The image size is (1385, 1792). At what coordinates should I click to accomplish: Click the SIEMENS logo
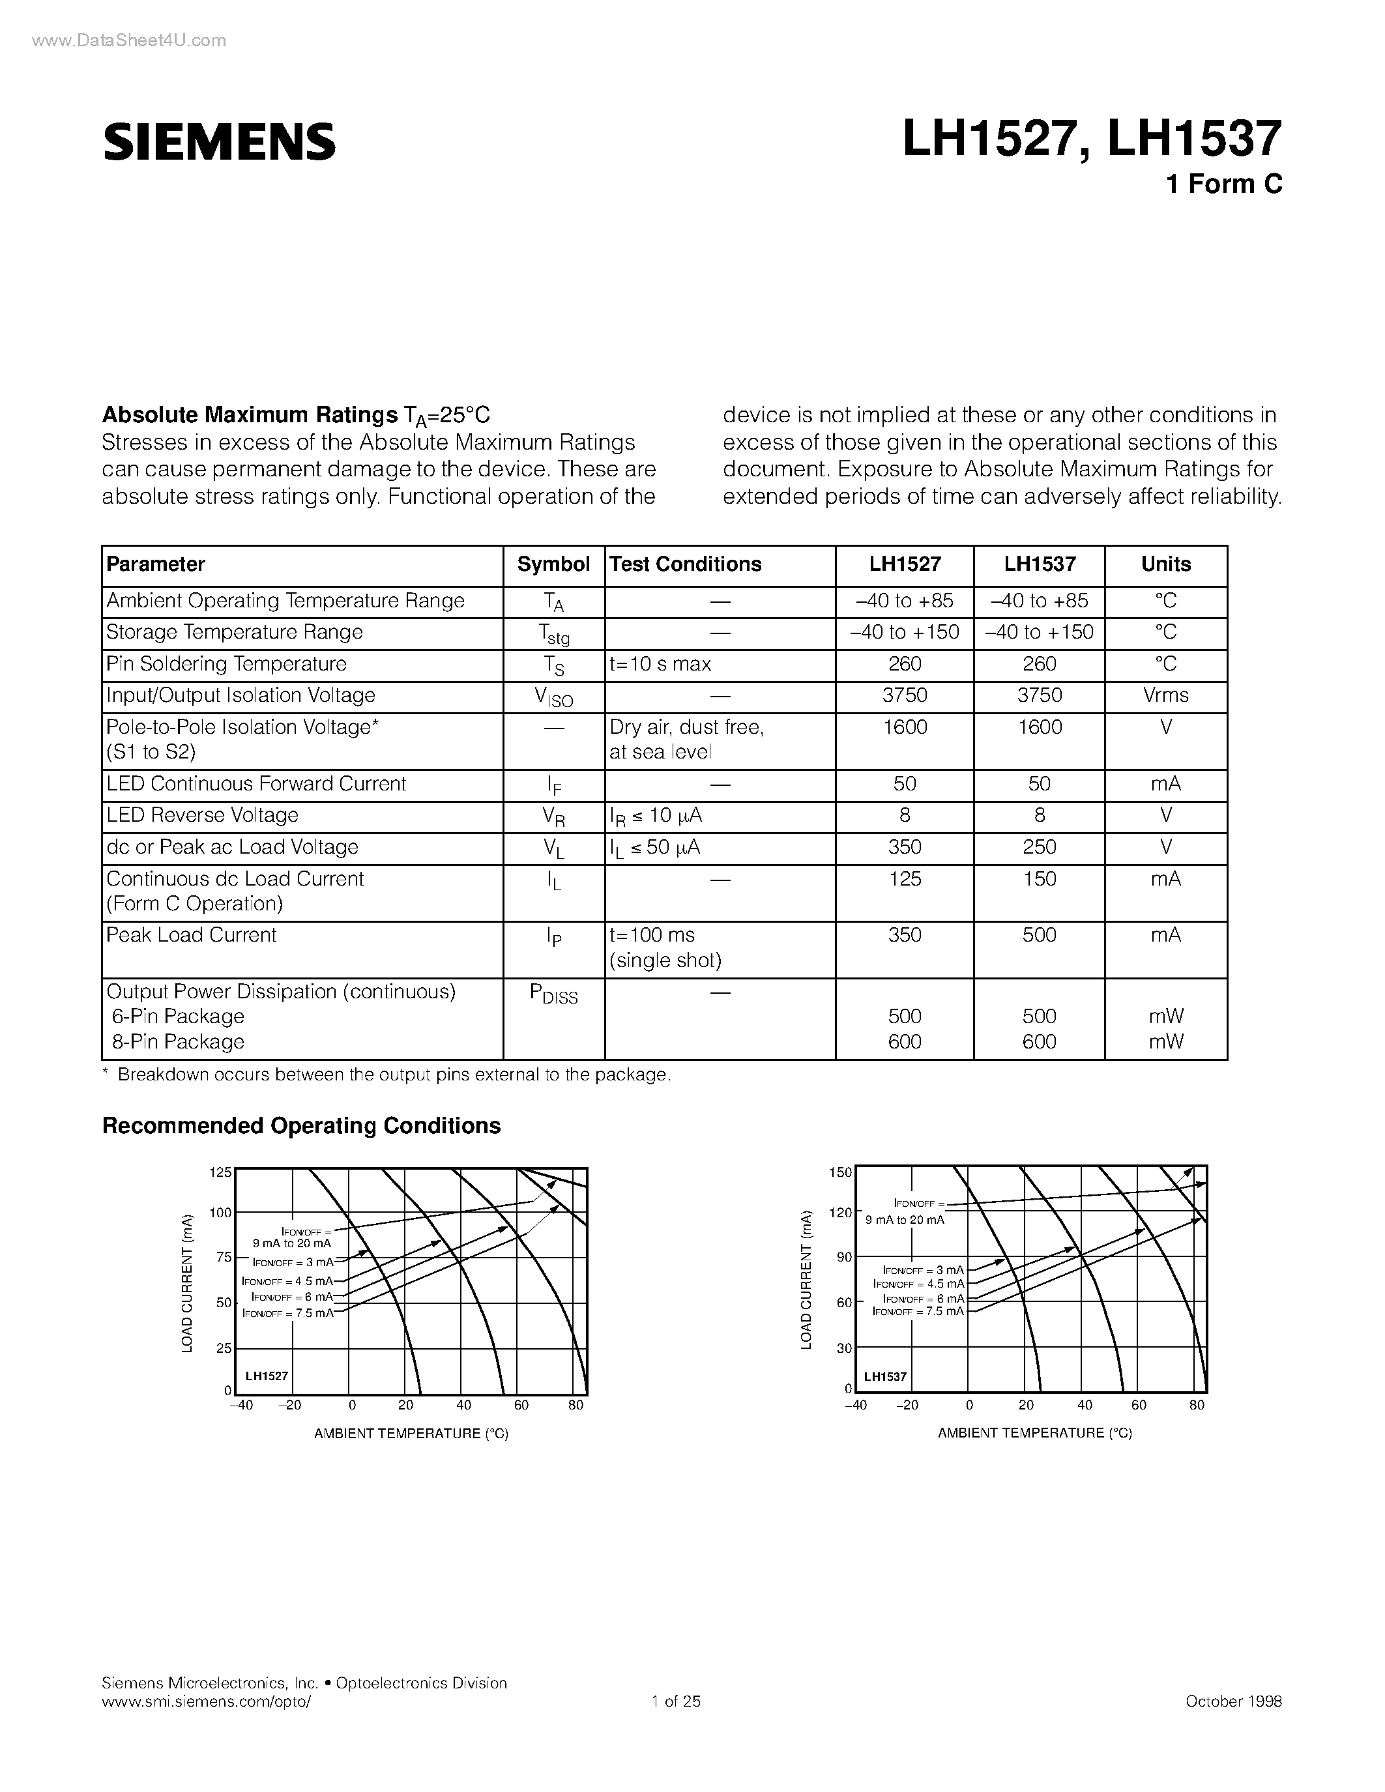click(x=219, y=141)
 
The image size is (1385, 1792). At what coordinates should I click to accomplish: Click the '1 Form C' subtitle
click(x=1223, y=184)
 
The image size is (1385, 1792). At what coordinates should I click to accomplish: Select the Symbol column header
click(x=553, y=564)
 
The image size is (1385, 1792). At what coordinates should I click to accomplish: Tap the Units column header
click(x=1165, y=564)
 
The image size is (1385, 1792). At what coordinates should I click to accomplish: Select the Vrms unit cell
click(x=1165, y=695)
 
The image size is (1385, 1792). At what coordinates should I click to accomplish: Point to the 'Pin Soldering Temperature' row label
click(x=226, y=664)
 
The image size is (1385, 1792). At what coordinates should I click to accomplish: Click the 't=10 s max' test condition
click(x=660, y=664)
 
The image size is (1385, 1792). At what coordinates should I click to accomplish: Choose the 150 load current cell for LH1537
click(x=1039, y=879)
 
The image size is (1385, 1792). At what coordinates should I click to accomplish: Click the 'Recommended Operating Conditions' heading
click(x=301, y=1126)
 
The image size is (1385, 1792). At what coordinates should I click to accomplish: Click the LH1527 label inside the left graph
click(x=267, y=1376)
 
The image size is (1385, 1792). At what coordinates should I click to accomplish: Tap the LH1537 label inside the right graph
click(x=885, y=1376)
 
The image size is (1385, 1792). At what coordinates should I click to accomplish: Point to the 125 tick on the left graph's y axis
click(x=221, y=1172)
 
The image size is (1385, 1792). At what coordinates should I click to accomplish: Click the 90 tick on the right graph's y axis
click(x=843, y=1257)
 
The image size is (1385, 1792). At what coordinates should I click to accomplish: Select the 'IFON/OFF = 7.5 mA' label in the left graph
click(x=288, y=1313)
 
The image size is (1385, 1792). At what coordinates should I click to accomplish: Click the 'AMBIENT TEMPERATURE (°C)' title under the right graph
click(x=1034, y=1432)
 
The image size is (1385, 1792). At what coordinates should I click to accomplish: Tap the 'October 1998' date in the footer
click(x=1233, y=1701)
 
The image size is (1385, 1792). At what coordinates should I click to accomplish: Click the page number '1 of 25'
click(x=676, y=1701)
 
